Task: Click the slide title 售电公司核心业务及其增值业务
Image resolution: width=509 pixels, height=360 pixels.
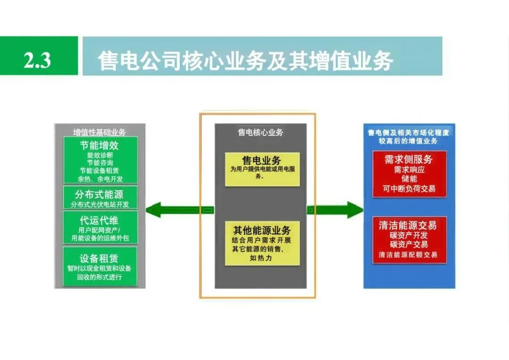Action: (245, 61)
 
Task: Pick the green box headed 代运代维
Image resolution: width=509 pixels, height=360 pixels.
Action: (100, 228)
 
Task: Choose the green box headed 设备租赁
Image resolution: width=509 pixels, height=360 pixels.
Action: (100, 266)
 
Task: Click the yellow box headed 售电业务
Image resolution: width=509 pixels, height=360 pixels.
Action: (262, 169)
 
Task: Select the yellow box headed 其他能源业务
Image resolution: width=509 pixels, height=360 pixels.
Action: (262, 243)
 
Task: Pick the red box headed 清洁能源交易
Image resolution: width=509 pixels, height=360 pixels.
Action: (409, 240)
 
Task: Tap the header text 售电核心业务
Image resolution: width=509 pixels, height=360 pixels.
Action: (260, 132)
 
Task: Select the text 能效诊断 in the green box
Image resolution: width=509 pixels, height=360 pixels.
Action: (100, 154)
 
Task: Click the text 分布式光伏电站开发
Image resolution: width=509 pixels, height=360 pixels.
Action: (100, 205)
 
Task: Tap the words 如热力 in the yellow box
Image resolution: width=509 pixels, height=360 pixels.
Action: (262, 258)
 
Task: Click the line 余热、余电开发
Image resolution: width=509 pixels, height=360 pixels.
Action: (100, 179)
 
